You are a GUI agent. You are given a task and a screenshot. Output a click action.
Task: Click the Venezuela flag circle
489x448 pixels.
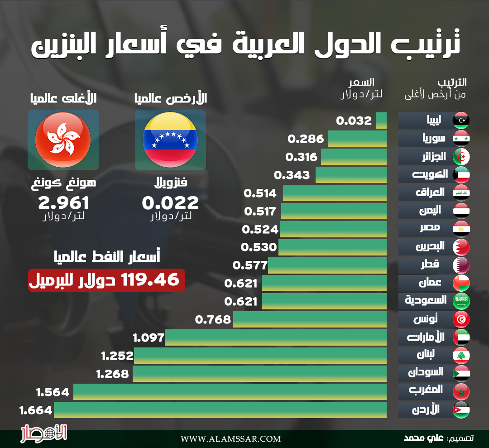pos(170,140)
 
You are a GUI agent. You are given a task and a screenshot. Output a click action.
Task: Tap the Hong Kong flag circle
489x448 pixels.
pos(63,140)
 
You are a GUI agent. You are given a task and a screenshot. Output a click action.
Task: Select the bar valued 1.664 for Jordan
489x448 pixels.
pos(220,410)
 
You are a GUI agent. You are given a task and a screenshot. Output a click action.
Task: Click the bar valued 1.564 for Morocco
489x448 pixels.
pos(230,392)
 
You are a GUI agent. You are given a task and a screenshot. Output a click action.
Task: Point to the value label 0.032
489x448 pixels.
pos(354,121)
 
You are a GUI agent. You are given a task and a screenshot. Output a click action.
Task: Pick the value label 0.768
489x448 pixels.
pos(213,320)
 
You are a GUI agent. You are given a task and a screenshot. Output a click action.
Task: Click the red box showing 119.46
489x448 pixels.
pos(106,280)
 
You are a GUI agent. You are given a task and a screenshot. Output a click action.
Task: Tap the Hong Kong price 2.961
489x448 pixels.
pos(63,203)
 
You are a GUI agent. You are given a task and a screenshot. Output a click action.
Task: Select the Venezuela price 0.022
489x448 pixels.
pos(171,203)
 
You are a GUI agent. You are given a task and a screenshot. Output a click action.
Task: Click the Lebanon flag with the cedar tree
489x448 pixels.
pos(461,356)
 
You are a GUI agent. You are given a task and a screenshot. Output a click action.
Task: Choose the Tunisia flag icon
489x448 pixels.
pos(461,319)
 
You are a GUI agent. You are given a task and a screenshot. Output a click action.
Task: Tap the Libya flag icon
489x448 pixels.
pos(461,120)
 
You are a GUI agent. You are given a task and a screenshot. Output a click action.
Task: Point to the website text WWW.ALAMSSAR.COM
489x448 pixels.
pos(230,438)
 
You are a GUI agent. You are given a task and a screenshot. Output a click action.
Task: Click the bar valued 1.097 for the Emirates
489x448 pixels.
pos(276,337)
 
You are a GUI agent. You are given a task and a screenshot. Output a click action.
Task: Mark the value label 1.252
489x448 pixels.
pos(117,356)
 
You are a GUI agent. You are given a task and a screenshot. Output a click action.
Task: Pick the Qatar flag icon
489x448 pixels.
pos(461,265)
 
